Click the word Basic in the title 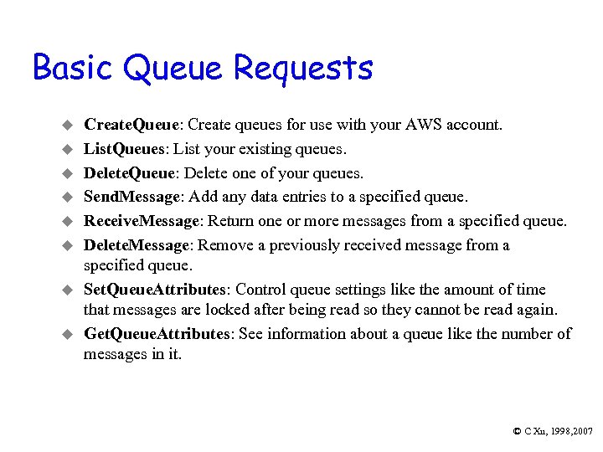(73, 67)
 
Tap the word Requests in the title (303, 69)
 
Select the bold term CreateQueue (132, 125)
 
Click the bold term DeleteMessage (137, 245)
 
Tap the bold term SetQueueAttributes (155, 290)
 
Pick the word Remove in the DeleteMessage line (228, 245)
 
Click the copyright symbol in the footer (517, 430)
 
